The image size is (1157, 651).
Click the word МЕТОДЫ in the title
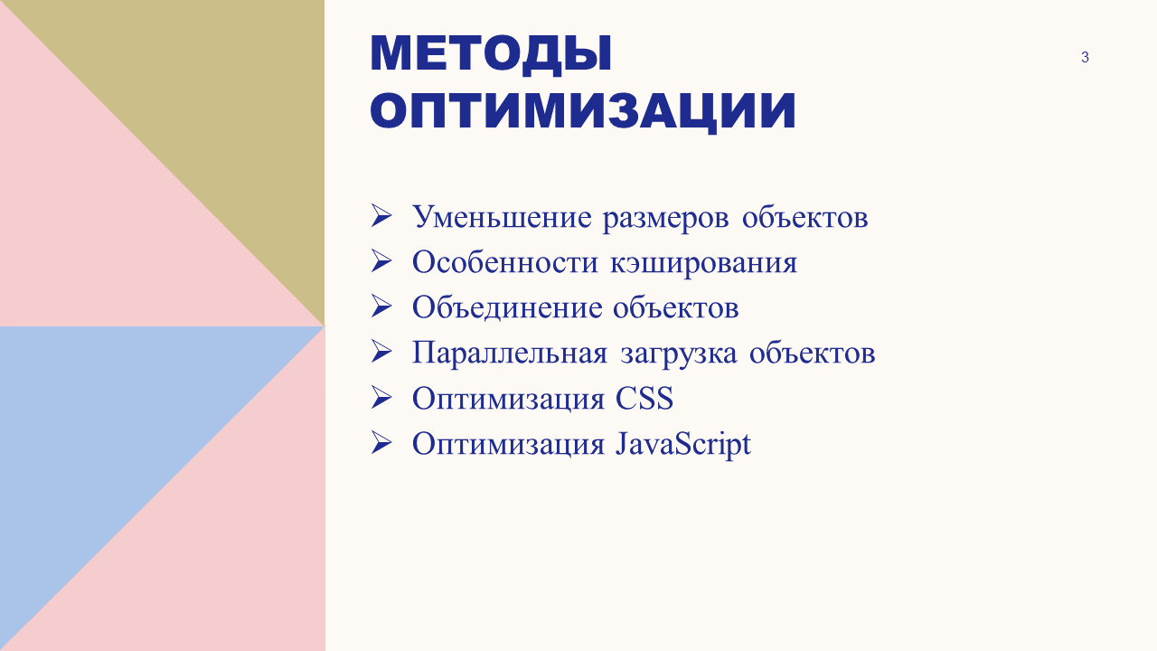coord(491,53)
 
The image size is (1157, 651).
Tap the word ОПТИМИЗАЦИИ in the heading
coord(583,111)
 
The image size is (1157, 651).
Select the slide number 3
coord(1085,57)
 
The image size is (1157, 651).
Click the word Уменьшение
coord(502,217)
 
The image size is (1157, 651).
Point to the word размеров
coord(666,219)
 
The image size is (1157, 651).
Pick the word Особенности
coord(505,261)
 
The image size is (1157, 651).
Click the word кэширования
coord(703,263)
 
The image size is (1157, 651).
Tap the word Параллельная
coord(509,354)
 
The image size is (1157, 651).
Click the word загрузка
coord(679,355)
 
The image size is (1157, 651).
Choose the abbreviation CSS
coord(644,399)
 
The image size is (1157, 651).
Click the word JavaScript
coord(682,444)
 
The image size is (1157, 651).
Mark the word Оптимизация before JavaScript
coord(508,446)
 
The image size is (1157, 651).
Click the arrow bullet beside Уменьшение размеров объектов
coord(381,216)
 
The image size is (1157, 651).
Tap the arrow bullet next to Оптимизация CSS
coord(381,398)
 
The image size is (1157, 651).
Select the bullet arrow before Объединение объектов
coord(381,307)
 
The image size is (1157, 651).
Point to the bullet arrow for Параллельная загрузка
coord(381,353)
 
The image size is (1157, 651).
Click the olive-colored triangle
coord(217,108)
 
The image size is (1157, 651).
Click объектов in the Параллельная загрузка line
coord(812,354)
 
